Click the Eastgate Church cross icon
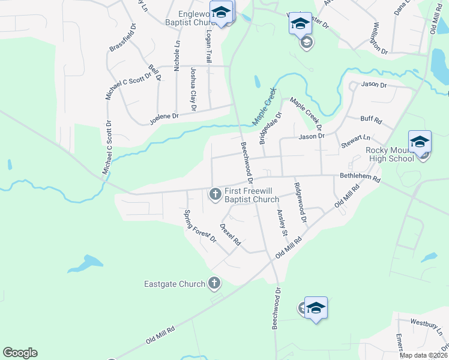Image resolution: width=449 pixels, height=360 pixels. tap(214, 283)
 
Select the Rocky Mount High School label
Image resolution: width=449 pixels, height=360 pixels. tap(390, 154)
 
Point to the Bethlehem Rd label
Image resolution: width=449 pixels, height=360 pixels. tap(360, 178)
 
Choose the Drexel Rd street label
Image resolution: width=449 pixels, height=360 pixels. tap(231, 235)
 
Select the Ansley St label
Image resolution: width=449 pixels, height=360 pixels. tap(282, 222)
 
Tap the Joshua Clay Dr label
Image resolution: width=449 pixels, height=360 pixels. tap(193, 89)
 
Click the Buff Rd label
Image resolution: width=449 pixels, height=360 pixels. tap(371, 120)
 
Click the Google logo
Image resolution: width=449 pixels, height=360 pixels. tap(20, 353)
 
